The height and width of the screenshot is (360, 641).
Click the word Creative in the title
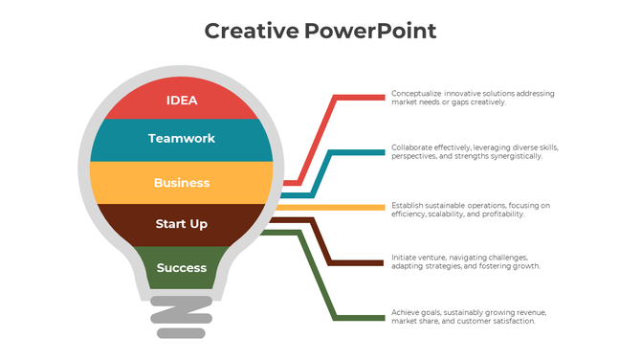coord(251,31)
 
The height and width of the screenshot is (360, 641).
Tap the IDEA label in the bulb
coord(182,100)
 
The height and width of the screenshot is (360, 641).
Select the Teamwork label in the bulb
coord(182,139)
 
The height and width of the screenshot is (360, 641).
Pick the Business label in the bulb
coord(182,183)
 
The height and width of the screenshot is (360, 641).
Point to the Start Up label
coord(182,224)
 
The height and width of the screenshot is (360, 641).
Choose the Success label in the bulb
coord(182,268)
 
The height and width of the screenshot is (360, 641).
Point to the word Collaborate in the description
coord(409,147)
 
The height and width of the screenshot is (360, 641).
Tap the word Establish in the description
coord(407,205)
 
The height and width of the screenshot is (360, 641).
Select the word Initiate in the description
coord(404,258)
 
